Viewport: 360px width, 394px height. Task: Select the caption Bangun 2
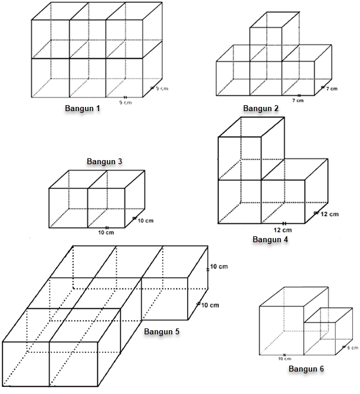pyautogui.click(x=260, y=108)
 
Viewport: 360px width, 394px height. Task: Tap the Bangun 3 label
pyautogui.click(x=104, y=161)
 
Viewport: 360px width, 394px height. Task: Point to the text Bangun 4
pyautogui.click(x=270, y=239)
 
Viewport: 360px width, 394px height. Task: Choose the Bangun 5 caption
pyautogui.click(x=162, y=331)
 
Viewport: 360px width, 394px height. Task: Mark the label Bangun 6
pyautogui.click(x=306, y=369)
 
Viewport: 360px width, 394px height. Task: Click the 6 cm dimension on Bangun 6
pyautogui.click(x=352, y=348)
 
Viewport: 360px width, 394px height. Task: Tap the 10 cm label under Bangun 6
pyautogui.click(x=284, y=358)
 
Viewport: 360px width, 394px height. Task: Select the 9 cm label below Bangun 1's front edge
pyautogui.click(x=125, y=102)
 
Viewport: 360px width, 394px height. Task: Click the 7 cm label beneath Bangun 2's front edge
pyautogui.click(x=298, y=100)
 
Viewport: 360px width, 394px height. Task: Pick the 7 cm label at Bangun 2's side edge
pyautogui.click(x=332, y=88)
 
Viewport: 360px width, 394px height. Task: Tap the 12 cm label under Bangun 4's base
pyautogui.click(x=283, y=230)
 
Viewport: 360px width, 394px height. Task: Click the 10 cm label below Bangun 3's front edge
pyautogui.click(x=107, y=232)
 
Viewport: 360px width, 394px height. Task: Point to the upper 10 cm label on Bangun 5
pyautogui.click(x=219, y=267)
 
